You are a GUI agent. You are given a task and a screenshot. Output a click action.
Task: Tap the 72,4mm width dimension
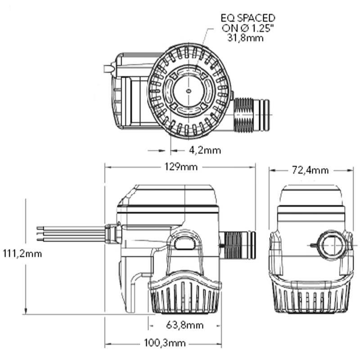tap(310, 170)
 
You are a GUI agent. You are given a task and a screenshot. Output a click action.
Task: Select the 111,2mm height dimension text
tap(22, 254)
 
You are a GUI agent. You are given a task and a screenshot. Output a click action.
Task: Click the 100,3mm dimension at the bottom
tap(165, 343)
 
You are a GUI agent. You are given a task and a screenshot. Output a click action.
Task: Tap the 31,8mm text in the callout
tap(245, 38)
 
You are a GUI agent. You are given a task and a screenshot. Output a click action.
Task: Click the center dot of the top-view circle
tap(188, 90)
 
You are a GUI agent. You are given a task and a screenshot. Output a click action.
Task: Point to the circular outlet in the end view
tap(332, 245)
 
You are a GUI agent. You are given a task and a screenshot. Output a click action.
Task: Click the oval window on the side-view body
tap(184, 243)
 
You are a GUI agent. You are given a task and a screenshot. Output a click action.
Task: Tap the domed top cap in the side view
tap(169, 193)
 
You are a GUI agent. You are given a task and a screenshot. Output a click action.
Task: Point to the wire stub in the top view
tap(108, 69)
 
